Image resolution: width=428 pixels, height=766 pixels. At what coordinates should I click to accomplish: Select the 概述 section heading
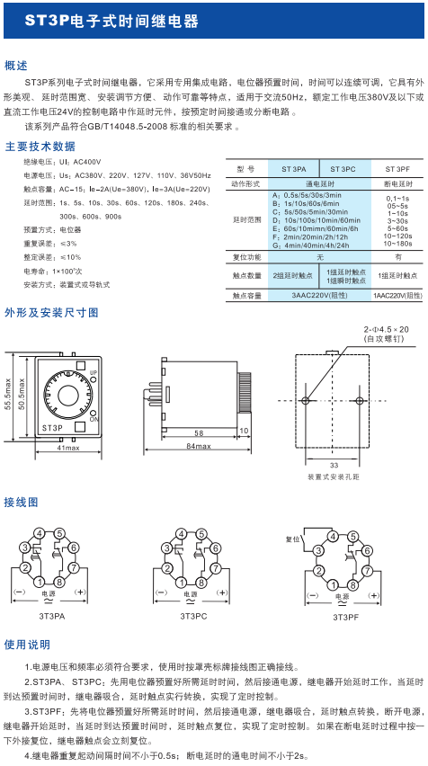point(17,66)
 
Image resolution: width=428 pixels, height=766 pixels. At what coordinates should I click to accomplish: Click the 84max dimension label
point(198,446)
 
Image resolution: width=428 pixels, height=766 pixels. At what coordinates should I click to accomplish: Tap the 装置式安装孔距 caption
point(333,477)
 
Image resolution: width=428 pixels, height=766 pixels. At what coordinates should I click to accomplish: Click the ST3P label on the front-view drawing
point(52,427)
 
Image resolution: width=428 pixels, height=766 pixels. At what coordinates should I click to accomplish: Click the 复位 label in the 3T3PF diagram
point(290,539)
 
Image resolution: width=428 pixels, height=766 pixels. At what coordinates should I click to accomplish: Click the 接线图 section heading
point(22,501)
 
